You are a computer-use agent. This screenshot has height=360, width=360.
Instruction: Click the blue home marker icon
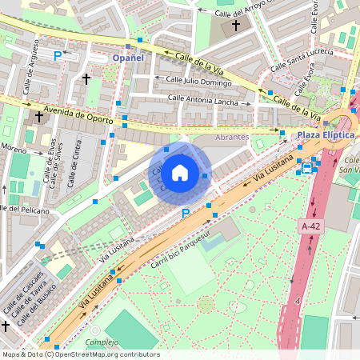pyautogui.click(x=180, y=172)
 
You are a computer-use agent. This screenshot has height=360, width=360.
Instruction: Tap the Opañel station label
pyautogui.click(x=128, y=58)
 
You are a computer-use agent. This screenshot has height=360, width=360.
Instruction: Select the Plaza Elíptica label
pyautogui.click(x=326, y=135)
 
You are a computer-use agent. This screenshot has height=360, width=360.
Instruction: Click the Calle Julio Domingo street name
pyautogui.click(x=198, y=79)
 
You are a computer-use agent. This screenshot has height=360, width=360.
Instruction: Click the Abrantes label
pyautogui.click(x=233, y=137)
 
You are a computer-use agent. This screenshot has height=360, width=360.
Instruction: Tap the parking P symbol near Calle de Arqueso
pyautogui.click(x=57, y=56)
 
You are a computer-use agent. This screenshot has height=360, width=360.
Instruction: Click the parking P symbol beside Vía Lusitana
pyautogui.click(x=186, y=214)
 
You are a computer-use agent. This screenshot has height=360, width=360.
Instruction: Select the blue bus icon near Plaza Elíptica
pyautogui.click(x=307, y=168)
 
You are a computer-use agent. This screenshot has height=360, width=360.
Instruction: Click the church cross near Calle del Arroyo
pyautogui.click(x=235, y=26)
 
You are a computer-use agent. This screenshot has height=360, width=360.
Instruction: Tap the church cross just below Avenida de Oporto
pyautogui.click(x=38, y=117)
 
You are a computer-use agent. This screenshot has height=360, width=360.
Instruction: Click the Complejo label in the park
pyautogui.click(x=102, y=342)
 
